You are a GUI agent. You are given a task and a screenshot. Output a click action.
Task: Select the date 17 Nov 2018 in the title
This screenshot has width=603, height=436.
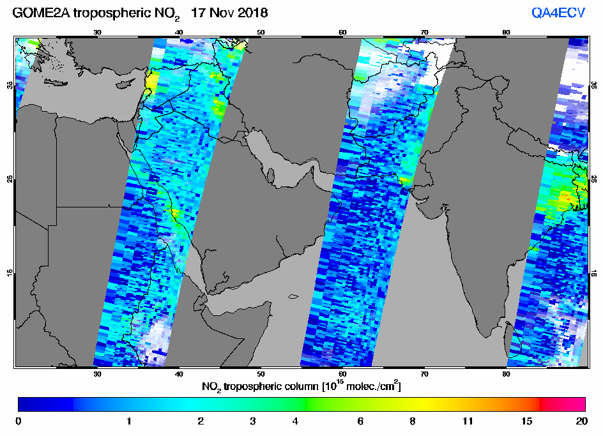tap(229, 13)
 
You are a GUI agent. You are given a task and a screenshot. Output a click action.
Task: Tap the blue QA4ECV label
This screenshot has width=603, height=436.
tap(558, 13)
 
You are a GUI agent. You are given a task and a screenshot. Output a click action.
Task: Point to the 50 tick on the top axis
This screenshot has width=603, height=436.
tap(261, 33)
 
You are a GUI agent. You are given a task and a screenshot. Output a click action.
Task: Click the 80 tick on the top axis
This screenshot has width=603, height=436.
tap(506, 33)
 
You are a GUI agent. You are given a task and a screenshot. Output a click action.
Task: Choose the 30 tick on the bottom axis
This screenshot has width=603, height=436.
tap(97, 373)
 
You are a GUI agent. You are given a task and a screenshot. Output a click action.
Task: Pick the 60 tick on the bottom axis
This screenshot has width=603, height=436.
tap(342, 373)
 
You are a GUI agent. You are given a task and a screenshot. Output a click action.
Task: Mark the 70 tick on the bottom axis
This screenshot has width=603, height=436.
tap(425, 373)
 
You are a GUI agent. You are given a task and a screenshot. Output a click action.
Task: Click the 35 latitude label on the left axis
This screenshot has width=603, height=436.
tap(10, 85)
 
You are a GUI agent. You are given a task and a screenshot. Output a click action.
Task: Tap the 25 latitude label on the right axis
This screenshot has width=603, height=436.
tap(594, 179)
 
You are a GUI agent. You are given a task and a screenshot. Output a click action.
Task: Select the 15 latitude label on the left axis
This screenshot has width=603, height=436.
tap(10, 273)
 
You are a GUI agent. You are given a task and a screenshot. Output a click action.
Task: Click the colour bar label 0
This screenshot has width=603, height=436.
tap(18, 421)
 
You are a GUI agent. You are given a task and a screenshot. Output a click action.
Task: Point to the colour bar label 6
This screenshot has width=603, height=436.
tap(360, 421)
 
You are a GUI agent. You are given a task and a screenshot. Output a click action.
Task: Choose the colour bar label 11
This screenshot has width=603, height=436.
tap(468, 421)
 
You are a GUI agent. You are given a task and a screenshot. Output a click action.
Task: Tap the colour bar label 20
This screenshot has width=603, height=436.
tap(582, 421)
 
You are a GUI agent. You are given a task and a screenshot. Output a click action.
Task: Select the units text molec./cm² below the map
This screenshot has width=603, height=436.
tap(372, 386)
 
